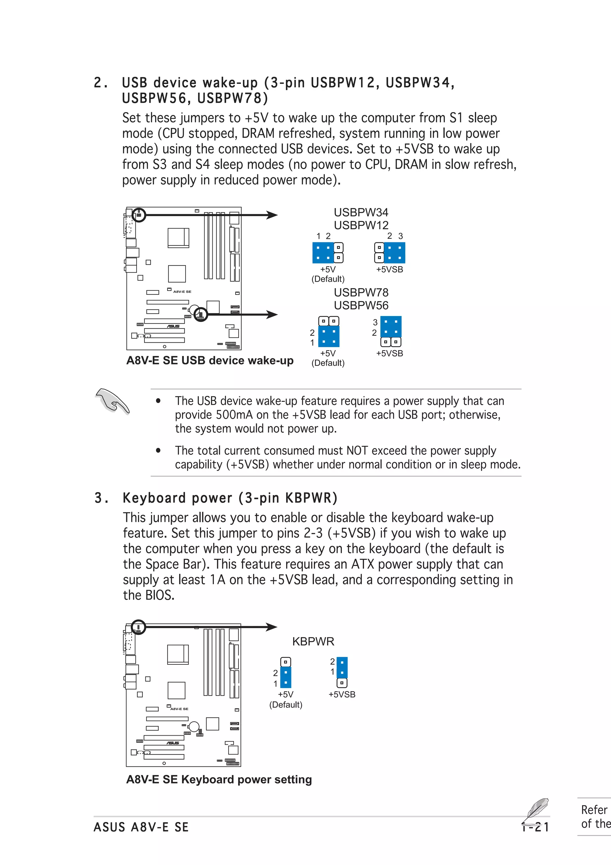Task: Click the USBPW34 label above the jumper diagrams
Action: click(x=361, y=213)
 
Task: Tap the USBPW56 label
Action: click(x=361, y=305)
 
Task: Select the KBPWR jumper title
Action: click(x=313, y=641)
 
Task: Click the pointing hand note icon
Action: click(x=112, y=401)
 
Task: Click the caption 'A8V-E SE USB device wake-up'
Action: click(x=210, y=361)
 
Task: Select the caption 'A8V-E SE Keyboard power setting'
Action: click(x=219, y=779)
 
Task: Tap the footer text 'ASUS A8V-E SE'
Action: click(x=141, y=827)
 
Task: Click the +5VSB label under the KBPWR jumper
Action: click(x=342, y=694)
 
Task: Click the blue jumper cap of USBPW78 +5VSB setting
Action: click(x=391, y=327)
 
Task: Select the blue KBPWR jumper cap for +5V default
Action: click(x=286, y=677)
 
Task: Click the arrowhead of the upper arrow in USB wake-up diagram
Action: click(x=272, y=215)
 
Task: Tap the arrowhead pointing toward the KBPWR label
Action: click(x=271, y=627)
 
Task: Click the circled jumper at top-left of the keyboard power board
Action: click(x=138, y=627)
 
